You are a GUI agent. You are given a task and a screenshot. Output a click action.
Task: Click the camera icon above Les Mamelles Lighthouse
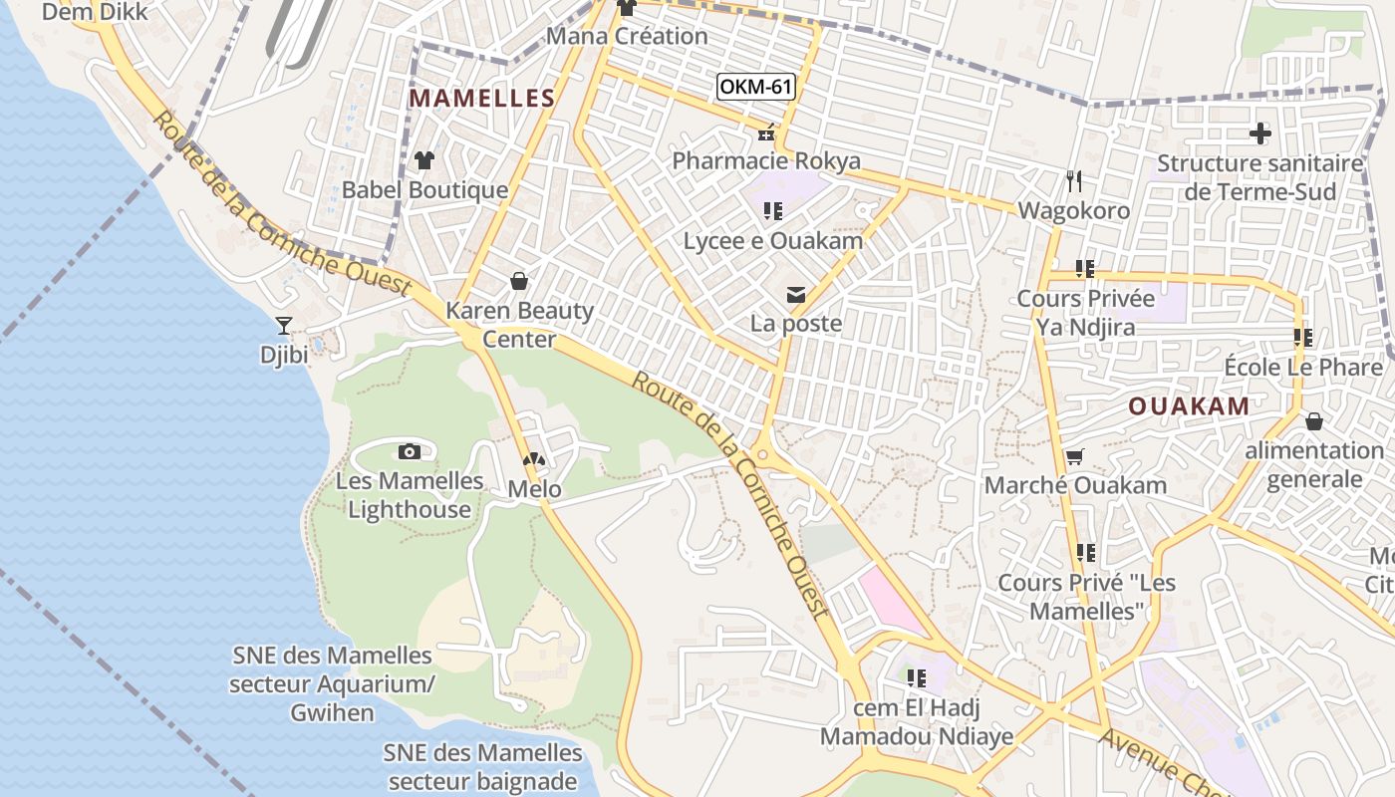pyautogui.click(x=410, y=451)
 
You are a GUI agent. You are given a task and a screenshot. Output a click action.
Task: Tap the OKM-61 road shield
pyautogui.click(x=756, y=87)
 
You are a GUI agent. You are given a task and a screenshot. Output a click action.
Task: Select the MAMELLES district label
pyautogui.click(x=482, y=98)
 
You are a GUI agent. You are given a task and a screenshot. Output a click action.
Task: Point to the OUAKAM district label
pyautogui.click(x=1189, y=405)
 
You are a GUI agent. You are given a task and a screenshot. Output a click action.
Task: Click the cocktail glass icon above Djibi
pyautogui.click(x=284, y=326)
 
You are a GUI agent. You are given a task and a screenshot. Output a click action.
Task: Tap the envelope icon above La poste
pyautogui.click(x=796, y=295)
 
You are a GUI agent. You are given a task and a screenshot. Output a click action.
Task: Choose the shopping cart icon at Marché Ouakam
pyautogui.click(x=1074, y=457)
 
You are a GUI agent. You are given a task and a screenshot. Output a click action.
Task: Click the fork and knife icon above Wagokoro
pyautogui.click(x=1073, y=181)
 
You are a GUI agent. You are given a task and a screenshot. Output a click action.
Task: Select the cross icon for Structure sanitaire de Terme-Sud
pyautogui.click(x=1260, y=133)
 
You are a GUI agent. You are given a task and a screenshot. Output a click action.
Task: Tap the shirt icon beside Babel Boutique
pyautogui.click(x=424, y=160)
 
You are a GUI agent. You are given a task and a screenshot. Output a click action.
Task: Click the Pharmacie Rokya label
pyautogui.click(x=766, y=160)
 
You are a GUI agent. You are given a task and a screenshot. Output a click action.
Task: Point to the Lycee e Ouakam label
pyautogui.click(x=773, y=240)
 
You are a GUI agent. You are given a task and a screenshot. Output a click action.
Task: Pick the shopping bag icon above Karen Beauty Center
pyautogui.click(x=518, y=281)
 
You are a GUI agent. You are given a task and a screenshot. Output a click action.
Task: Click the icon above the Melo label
pyautogui.click(x=534, y=459)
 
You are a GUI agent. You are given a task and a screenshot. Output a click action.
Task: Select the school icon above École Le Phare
pyautogui.click(x=1302, y=338)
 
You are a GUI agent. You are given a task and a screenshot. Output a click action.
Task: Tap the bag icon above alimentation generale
pyautogui.click(x=1313, y=421)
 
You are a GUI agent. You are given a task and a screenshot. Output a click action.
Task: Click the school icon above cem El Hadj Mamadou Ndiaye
pyautogui.click(x=916, y=678)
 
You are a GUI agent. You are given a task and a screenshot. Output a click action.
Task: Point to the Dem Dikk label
pyautogui.click(x=96, y=12)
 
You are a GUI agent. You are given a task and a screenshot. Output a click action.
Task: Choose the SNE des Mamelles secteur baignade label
pyautogui.click(x=483, y=766)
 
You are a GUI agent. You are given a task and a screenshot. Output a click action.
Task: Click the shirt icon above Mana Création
pyautogui.click(x=627, y=8)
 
